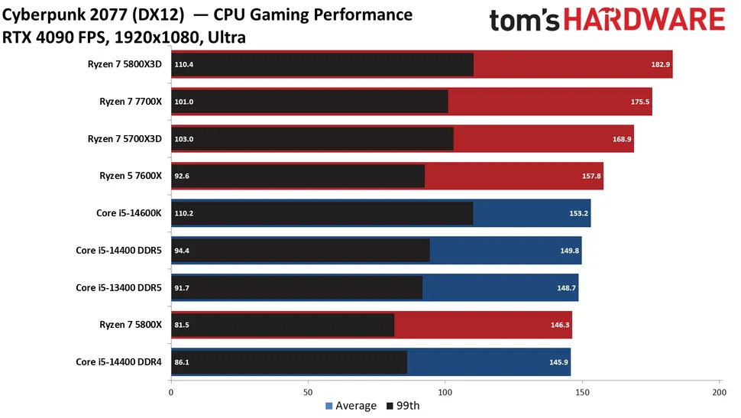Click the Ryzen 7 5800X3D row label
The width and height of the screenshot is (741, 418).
point(125,64)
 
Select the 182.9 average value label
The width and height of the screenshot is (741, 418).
point(661,64)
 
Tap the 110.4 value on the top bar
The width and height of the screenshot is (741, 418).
point(184,64)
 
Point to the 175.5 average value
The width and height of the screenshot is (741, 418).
point(641,102)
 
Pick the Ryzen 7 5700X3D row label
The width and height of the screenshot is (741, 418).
point(125,138)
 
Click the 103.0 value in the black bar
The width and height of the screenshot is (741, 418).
point(184,138)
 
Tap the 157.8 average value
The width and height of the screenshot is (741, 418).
point(592,176)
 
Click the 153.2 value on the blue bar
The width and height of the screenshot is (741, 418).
point(579,212)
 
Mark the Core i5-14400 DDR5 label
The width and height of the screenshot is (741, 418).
point(119,250)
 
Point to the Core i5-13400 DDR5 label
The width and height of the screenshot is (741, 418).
point(119,287)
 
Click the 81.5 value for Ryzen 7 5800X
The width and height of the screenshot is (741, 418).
point(183,324)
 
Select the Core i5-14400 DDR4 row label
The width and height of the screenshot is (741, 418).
point(119,361)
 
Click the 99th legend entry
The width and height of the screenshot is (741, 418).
point(404,406)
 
